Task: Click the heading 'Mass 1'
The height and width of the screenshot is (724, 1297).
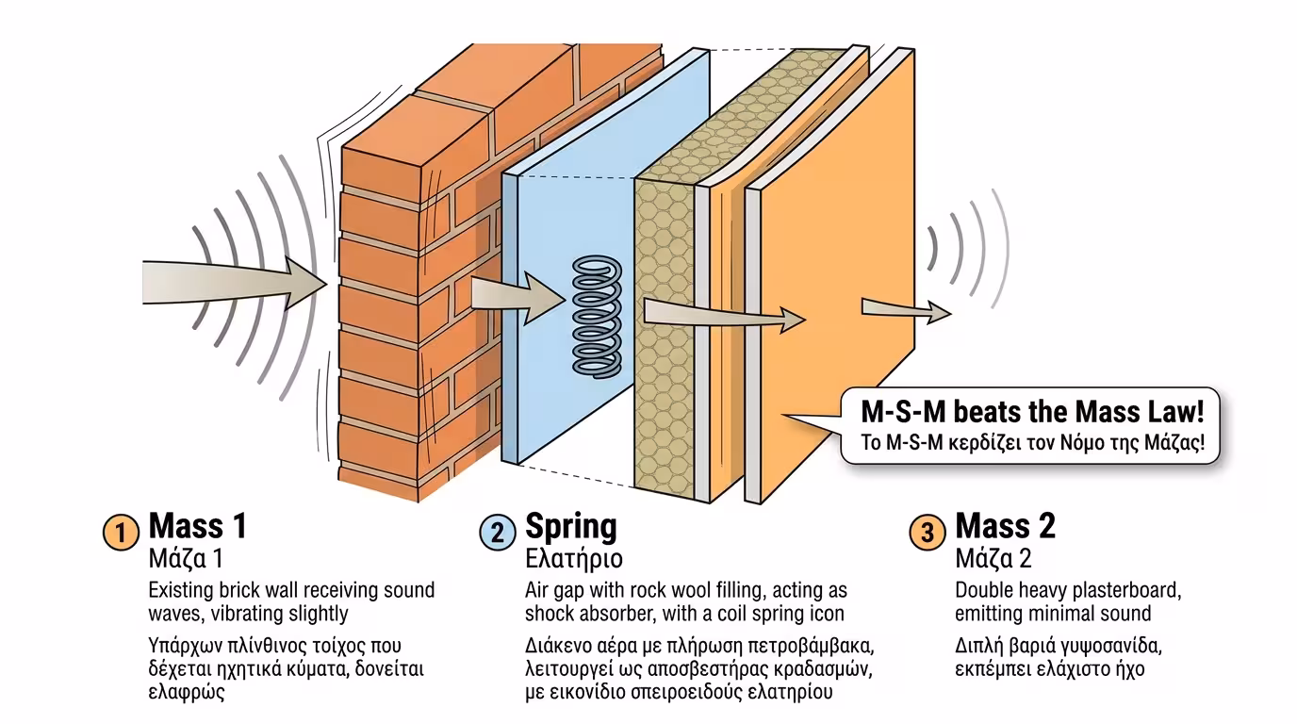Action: pos(197,526)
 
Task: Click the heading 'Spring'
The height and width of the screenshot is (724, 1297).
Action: pos(570,526)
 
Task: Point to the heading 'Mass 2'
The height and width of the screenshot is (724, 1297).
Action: pos(1005,526)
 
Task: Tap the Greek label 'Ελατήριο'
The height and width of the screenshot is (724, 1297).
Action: pos(573,559)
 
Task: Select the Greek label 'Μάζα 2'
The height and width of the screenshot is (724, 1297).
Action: pos(993,559)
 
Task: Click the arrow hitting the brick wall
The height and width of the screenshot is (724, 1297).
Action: pos(236,280)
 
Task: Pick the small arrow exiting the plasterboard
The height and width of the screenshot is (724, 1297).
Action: pos(905,308)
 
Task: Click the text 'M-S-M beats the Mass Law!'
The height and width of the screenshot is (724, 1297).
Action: pos(1033,412)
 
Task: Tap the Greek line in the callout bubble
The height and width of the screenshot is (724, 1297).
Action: pos(1033,443)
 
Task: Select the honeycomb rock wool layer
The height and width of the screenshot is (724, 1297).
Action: pos(665,377)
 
